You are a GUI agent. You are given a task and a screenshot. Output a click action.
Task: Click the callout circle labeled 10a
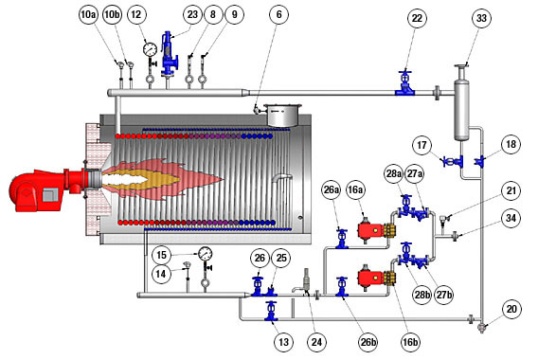88,15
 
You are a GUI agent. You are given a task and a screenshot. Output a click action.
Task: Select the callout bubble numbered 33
482,18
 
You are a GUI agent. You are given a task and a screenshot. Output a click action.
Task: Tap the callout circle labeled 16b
410,342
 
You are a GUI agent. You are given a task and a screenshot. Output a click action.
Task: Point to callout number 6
278,15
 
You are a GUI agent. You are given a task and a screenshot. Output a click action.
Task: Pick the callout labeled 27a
415,173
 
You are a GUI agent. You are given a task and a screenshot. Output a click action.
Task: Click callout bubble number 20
511,309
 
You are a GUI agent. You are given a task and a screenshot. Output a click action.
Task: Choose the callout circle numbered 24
316,342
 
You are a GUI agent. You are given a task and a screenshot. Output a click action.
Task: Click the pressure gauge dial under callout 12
150,48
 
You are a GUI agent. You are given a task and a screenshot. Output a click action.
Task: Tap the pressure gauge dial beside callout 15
205,254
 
